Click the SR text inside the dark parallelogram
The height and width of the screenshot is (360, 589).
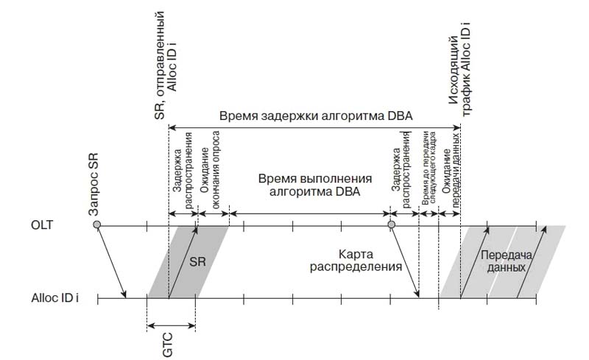pos(197,261)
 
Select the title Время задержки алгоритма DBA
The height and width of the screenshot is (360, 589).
pos(314,116)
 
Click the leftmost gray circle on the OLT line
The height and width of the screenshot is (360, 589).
pos(96,224)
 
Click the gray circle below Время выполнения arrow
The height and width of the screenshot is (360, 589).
pos(392,224)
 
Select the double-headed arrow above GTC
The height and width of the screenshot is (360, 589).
pos(172,324)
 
